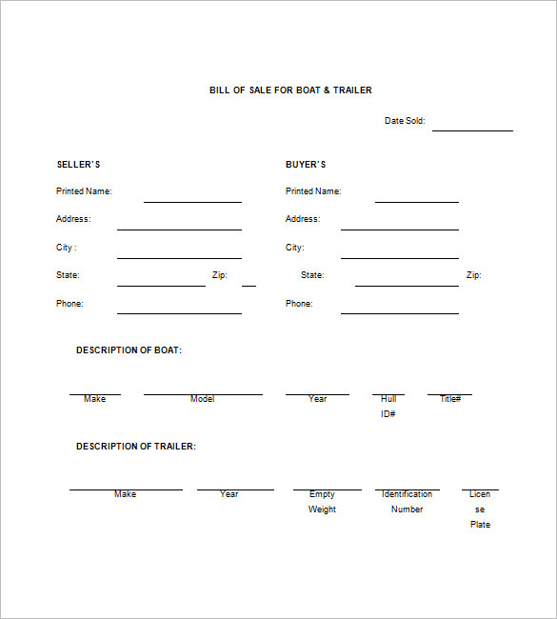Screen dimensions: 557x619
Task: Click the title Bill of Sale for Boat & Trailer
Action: [290, 90]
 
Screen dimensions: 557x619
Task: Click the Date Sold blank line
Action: [472, 130]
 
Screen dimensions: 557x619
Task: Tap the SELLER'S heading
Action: [78, 165]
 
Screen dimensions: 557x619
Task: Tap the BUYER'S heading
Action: [306, 165]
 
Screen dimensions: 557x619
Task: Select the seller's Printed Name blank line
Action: [192, 201]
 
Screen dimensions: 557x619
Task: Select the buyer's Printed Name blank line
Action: [416, 201]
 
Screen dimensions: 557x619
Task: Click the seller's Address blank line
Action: [179, 229]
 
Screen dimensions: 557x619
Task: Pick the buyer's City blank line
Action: [399, 257]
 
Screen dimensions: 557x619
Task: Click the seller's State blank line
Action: [161, 285]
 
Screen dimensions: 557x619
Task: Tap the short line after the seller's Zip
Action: [249, 285]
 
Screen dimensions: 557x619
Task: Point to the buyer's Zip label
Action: [473, 275]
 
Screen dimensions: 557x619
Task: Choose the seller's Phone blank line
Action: [179, 312]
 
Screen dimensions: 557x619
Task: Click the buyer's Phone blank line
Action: [399, 312]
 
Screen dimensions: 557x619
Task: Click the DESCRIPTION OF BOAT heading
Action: [129, 350]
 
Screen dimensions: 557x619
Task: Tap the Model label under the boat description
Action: [202, 399]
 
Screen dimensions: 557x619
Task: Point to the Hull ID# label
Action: [388, 407]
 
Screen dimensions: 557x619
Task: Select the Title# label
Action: [450, 399]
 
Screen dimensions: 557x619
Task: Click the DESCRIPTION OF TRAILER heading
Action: [136, 447]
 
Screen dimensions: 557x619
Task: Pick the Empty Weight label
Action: [322, 502]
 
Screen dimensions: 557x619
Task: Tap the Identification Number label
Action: [407, 502]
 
